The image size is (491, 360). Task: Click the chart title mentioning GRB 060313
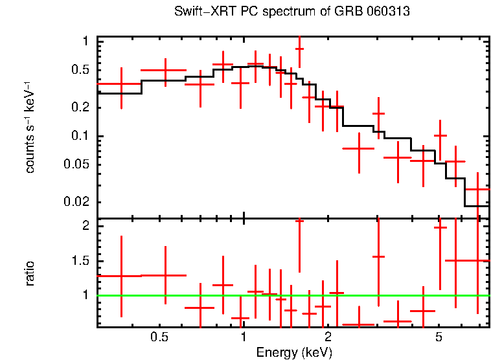pos(292,12)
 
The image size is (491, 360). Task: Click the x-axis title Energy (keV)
pos(294,352)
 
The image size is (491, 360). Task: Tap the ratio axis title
pos(30,273)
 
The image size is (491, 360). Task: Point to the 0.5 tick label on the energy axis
pos(159,337)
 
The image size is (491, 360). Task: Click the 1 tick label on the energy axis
pos(244,337)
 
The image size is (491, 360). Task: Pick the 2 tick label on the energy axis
pos(328,337)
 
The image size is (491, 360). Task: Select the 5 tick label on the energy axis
pos(439,337)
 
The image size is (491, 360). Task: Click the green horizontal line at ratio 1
pos(292,295)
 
